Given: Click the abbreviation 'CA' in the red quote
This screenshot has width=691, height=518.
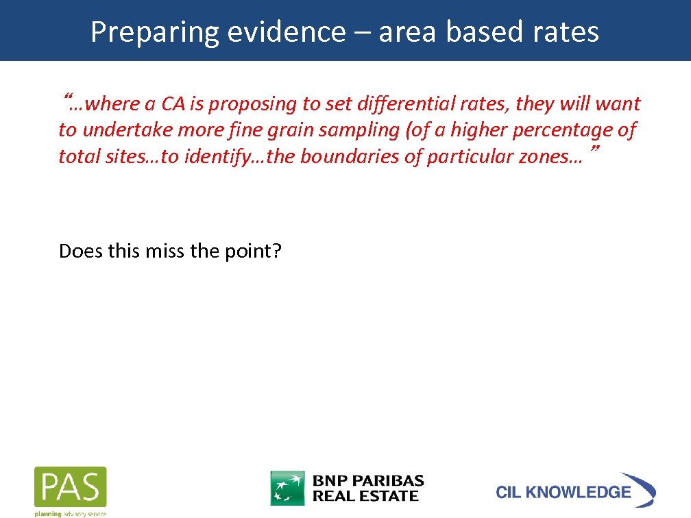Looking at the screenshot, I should (173, 104).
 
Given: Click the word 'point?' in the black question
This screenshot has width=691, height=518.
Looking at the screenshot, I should (253, 251).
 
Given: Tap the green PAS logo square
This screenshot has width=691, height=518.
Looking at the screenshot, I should (71, 487).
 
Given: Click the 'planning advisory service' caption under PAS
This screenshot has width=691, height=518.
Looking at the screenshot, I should (71, 513).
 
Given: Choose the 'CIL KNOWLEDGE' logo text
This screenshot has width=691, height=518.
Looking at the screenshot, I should (563, 492).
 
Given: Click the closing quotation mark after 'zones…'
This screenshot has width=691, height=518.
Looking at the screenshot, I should (594, 149).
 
